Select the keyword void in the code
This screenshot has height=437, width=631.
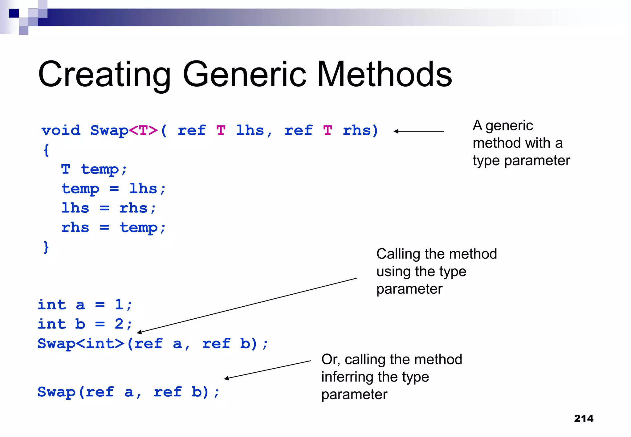61,130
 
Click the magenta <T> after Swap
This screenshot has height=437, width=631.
143,130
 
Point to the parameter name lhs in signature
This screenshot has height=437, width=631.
250,130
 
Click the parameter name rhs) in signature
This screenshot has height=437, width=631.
360,130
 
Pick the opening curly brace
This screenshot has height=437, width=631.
46,150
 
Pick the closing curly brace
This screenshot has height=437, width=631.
46,247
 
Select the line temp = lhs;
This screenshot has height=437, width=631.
113,189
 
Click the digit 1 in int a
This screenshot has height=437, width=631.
119,305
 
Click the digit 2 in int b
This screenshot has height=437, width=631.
119,324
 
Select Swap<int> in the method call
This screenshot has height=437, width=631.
81,344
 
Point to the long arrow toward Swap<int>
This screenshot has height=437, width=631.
246,305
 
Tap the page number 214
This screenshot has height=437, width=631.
584,419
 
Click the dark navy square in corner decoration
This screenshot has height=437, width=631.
14,13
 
